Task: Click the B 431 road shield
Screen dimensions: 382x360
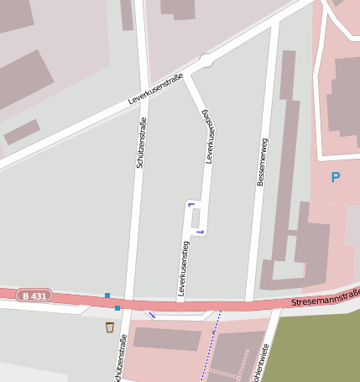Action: point(34,296)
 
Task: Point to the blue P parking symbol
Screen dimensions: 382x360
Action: point(336,177)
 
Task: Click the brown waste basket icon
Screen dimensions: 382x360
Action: point(110,327)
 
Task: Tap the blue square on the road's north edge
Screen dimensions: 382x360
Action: point(107,295)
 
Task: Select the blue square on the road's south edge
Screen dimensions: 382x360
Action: point(117,308)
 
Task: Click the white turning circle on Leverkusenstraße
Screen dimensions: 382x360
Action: point(206,60)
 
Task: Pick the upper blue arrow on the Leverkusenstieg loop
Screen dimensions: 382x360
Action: point(191,204)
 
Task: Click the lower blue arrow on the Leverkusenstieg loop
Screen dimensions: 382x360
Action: point(200,231)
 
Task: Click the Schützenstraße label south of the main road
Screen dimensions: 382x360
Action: point(119,358)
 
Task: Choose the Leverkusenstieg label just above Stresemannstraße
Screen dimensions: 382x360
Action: point(183,268)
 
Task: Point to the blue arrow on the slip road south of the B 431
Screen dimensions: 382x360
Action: point(152,315)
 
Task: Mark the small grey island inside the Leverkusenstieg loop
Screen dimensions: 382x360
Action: point(196,217)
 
